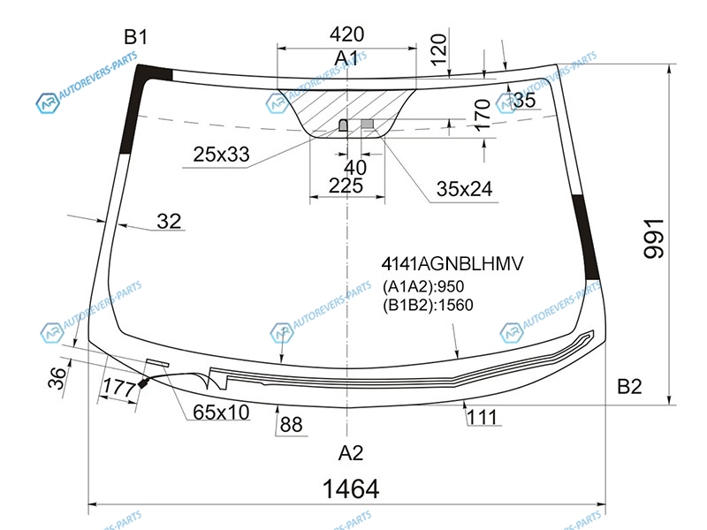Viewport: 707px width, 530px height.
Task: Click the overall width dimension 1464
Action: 351,489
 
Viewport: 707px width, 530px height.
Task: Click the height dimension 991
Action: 654,238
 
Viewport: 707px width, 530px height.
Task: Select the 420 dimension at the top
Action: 346,34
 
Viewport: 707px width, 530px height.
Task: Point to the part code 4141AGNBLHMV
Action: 452,263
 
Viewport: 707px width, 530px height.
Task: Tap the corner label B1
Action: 136,37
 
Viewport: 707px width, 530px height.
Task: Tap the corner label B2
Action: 629,387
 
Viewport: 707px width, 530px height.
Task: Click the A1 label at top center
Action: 346,58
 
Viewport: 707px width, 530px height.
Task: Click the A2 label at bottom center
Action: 350,453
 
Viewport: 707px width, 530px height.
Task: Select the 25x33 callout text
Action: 221,155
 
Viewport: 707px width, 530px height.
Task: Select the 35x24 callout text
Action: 464,189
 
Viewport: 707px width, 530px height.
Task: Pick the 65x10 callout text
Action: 221,413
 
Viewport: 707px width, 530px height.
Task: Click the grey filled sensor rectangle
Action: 368,124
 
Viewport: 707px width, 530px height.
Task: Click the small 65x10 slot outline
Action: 157,362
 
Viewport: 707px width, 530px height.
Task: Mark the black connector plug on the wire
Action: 143,383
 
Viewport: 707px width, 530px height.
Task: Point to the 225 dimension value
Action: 346,185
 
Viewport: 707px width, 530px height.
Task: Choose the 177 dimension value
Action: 118,387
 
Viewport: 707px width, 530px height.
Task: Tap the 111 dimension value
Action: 482,417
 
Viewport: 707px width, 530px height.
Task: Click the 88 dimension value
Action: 291,425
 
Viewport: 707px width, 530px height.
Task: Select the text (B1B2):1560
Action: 428,306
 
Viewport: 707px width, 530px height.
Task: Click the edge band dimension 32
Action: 169,222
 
